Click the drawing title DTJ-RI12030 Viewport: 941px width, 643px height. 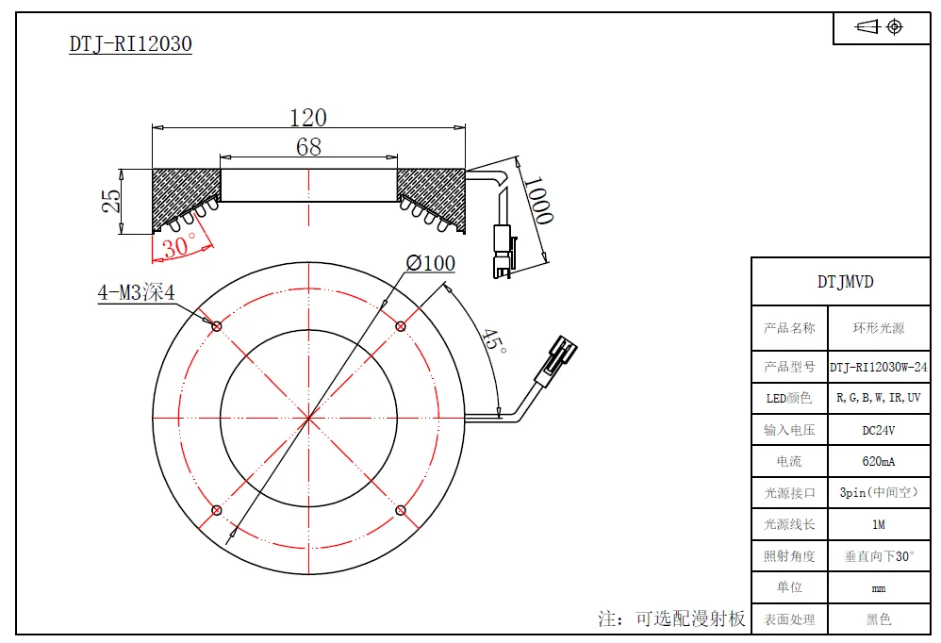coord(130,44)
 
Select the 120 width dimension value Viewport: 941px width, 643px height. coord(308,118)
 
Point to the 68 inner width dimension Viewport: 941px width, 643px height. coord(308,147)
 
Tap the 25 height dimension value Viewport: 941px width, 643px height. coord(111,200)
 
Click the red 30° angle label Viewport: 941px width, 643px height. coord(179,246)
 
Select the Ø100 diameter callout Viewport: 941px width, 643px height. coord(430,263)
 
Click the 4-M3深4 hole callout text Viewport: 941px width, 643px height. coord(136,292)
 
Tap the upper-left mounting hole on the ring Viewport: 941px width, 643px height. coord(217,326)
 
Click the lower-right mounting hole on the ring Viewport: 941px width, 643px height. coord(401,510)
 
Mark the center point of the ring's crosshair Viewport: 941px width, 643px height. coord(308,418)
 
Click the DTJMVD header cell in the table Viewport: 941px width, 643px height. coord(845,281)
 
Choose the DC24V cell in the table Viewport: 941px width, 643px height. coord(878,430)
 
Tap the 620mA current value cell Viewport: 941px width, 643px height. coord(878,462)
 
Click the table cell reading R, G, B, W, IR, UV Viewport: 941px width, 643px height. coord(878,398)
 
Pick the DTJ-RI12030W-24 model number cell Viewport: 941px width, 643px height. coord(878,367)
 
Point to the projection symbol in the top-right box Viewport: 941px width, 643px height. coord(881,27)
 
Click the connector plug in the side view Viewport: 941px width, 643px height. coord(503,252)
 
